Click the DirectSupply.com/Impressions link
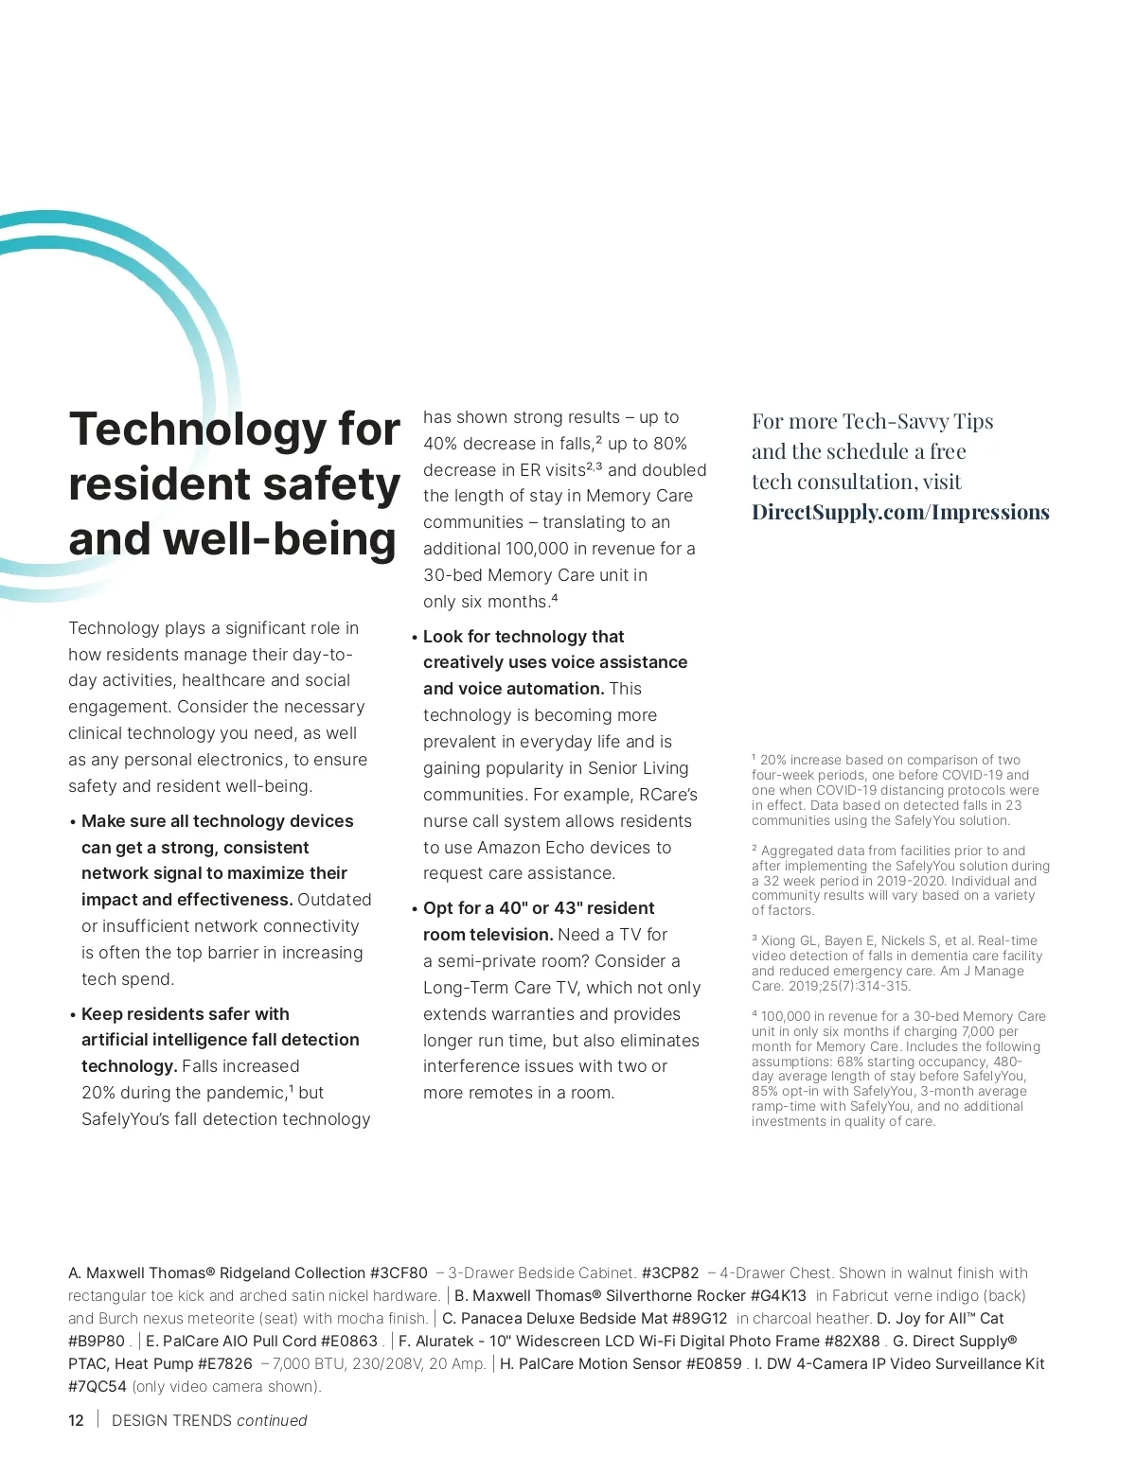coord(900,512)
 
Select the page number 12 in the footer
coord(76,1420)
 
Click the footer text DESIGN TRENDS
coord(171,1420)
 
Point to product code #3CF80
coord(399,1273)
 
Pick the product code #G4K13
coord(778,1296)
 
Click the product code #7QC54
coord(97,1387)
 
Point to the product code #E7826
coord(225,1364)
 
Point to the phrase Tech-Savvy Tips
coord(917,421)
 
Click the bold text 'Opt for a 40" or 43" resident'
coord(539,908)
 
